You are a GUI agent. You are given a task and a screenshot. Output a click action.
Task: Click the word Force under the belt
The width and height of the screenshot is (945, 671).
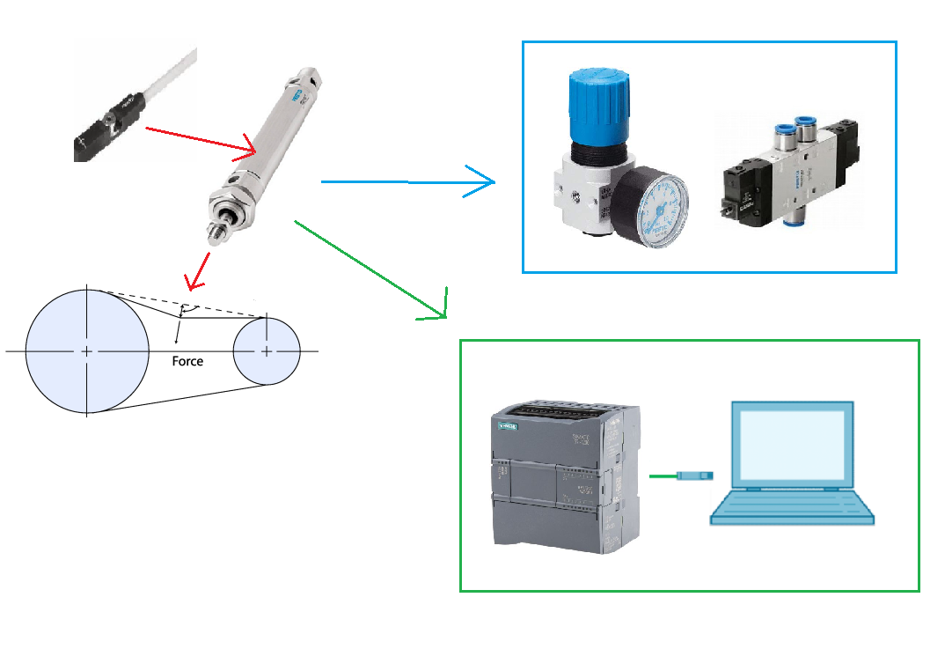(187, 361)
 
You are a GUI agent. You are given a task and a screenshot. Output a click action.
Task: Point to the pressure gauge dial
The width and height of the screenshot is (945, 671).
(652, 210)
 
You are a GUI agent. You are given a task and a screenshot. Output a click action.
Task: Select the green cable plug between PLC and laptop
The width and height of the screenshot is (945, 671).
(694, 476)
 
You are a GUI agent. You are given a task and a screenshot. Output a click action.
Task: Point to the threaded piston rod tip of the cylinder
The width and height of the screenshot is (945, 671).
(216, 233)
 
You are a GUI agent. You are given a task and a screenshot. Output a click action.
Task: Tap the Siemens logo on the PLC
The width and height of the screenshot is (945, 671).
(509, 427)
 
